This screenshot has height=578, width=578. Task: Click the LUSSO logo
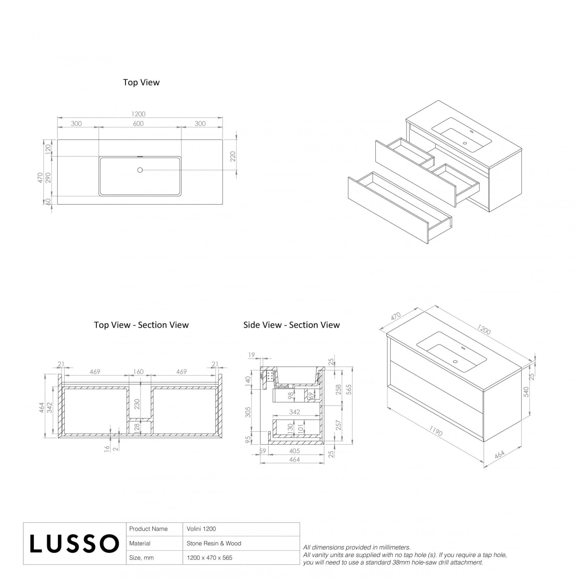click(74, 543)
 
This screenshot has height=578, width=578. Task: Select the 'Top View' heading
click(141, 82)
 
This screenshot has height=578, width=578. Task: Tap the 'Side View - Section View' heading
click(291, 325)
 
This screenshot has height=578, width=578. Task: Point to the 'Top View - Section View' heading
click(141, 325)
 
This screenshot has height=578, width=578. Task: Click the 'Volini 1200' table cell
click(201, 529)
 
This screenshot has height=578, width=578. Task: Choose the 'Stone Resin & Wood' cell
click(214, 543)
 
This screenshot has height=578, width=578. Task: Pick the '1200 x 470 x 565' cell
click(209, 558)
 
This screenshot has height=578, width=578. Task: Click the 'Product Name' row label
click(148, 529)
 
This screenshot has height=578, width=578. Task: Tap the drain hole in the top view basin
click(140, 170)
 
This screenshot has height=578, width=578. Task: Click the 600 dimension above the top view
click(138, 124)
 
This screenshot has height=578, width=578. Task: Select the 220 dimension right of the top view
click(233, 156)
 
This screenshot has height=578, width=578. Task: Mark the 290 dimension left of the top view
click(48, 178)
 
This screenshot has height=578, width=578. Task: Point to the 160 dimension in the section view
click(138, 372)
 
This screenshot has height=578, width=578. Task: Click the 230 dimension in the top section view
click(137, 404)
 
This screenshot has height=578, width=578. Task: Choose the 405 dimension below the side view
click(294, 451)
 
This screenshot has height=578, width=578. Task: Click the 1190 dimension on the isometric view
click(435, 432)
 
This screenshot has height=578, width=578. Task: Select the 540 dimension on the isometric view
click(526, 391)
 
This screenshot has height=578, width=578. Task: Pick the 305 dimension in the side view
click(248, 412)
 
